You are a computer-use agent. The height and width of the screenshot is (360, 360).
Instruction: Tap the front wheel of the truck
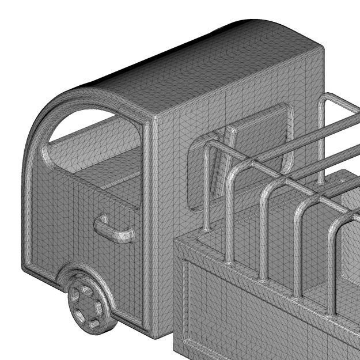tap(89, 305)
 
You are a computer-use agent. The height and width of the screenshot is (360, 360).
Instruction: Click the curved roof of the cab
tap(173, 63)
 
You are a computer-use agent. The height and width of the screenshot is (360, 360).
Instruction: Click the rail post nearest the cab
tap(206, 190)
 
